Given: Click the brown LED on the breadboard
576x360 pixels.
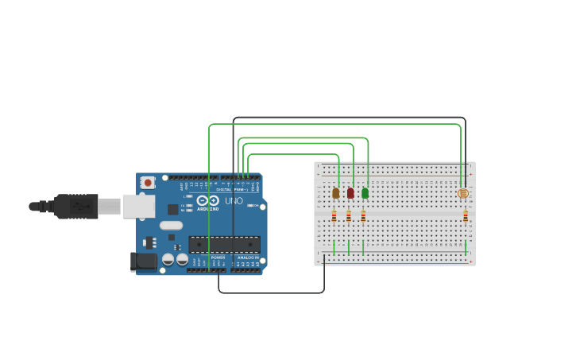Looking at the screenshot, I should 335,192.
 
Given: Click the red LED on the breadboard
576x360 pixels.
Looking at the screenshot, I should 350,192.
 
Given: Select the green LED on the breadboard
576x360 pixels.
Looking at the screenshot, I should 365,192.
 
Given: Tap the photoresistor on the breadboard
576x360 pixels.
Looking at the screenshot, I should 464,193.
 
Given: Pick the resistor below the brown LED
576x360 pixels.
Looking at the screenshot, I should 334,215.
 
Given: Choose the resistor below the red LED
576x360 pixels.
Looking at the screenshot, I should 348,215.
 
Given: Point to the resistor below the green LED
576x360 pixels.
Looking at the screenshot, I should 363,215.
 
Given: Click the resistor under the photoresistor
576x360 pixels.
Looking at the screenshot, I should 466,215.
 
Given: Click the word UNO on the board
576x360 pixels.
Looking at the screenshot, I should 234,201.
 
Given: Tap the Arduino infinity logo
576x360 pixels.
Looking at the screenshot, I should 208,201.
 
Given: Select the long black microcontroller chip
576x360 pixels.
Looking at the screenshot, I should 224,244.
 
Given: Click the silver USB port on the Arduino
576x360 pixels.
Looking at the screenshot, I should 138,206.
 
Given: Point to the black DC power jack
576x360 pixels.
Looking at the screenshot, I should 143,261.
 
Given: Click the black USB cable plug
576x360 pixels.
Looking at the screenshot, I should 76,206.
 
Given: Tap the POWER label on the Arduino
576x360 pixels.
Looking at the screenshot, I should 218,257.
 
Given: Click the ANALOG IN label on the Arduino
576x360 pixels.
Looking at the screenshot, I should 249,257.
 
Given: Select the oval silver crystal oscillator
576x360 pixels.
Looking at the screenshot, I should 171,225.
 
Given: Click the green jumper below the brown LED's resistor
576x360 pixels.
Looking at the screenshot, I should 334,247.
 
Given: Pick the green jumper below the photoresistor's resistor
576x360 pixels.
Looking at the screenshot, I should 466,247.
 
